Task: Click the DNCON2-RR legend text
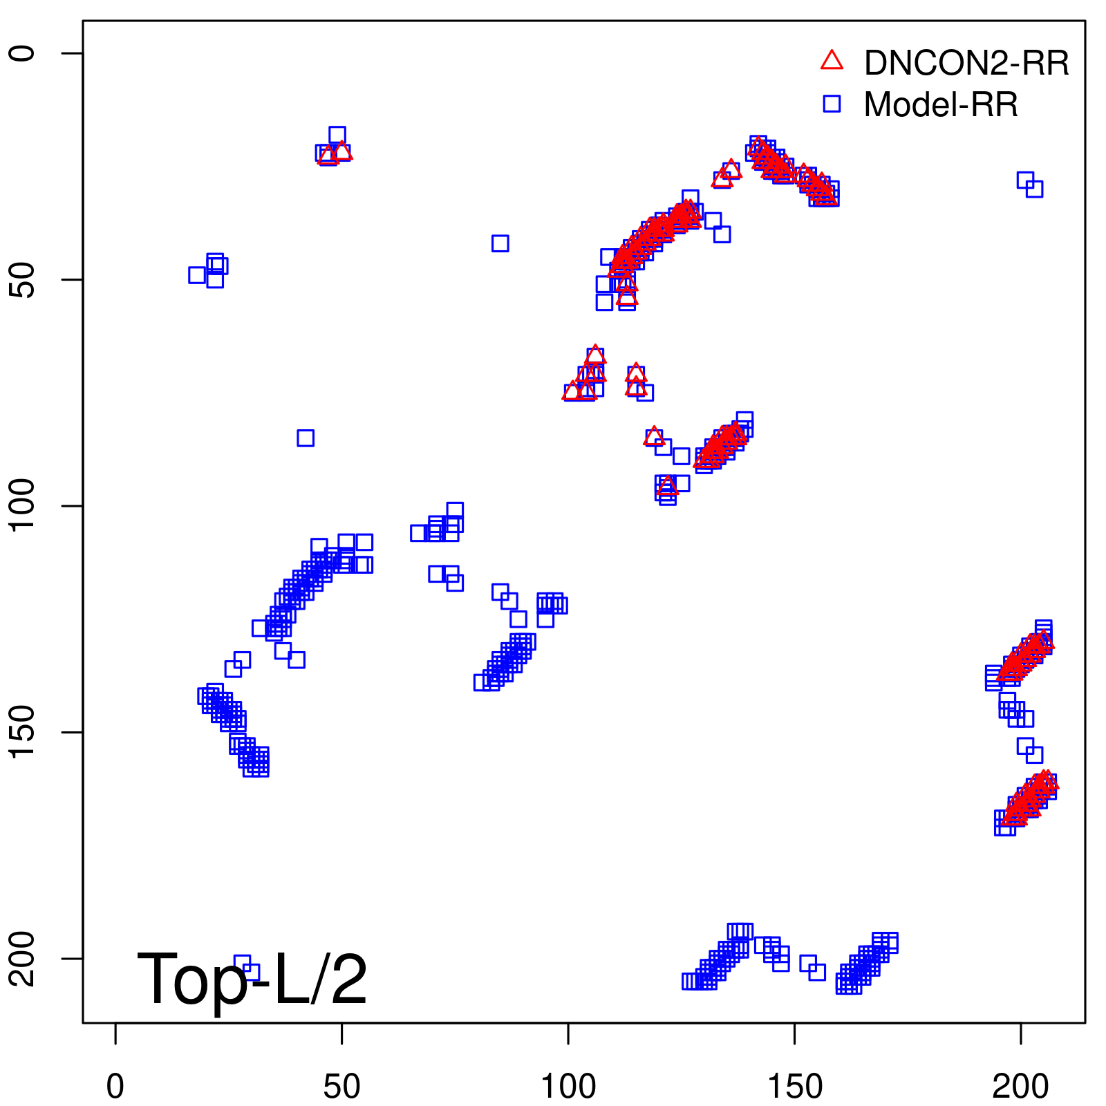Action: click(966, 64)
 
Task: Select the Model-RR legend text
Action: click(940, 105)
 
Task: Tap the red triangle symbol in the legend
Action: click(832, 61)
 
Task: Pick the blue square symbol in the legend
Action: click(832, 104)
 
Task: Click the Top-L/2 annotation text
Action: click(252, 979)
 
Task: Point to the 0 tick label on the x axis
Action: click(115, 1087)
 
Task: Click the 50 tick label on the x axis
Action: click(341, 1087)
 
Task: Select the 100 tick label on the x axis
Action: click(568, 1087)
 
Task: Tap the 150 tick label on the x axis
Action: click(795, 1087)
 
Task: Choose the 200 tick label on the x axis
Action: click(1021, 1087)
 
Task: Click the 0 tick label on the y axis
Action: click(24, 53)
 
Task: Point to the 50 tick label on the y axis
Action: click(24, 279)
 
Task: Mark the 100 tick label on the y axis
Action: click(24, 506)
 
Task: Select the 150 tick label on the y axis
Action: click(24, 732)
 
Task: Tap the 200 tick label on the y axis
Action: click(24, 959)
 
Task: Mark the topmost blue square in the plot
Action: click(337, 135)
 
